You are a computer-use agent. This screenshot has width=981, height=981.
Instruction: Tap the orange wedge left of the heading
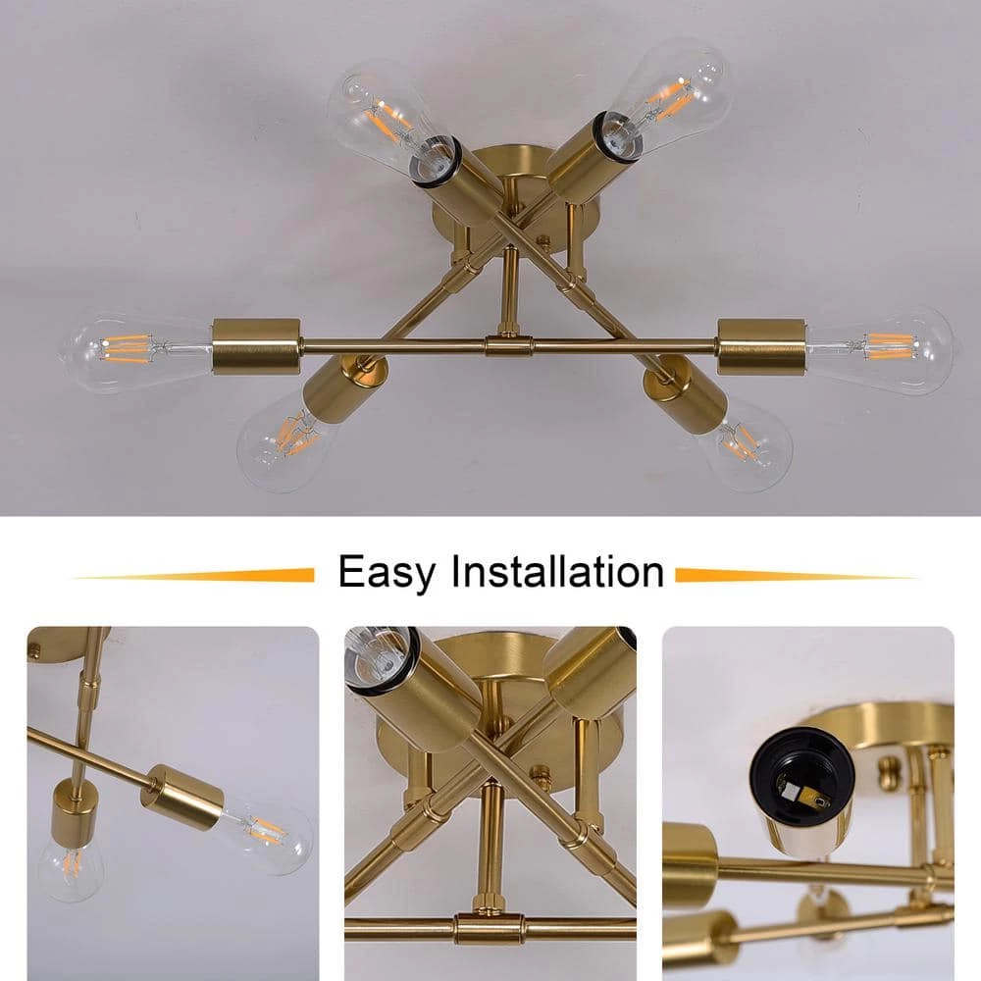pyautogui.click(x=195, y=575)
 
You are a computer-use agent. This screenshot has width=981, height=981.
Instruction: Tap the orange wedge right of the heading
pyautogui.click(x=796, y=575)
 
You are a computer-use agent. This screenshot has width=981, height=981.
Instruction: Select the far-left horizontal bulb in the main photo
pyautogui.click(x=135, y=351)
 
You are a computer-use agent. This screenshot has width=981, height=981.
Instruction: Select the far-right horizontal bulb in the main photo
pyautogui.click(x=880, y=351)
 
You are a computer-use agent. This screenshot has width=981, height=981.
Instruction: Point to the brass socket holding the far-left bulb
pyautogui.click(x=256, y=346)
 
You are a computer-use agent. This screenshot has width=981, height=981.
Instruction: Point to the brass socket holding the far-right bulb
pyautogui.click(x=761, y=346)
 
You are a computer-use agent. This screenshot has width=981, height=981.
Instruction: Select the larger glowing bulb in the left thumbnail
pyautogui.click(x=266, y=831)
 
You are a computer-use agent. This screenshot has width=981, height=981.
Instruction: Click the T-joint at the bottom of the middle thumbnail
pyautogui.click(x=490, y=928)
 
